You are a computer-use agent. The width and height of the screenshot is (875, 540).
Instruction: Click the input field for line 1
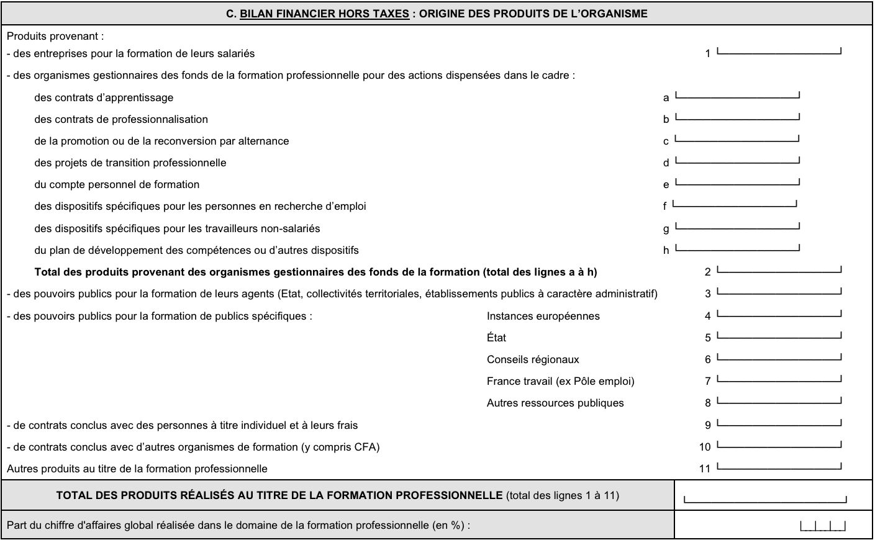point(779,50)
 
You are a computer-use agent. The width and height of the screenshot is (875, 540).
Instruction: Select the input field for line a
point(737,94)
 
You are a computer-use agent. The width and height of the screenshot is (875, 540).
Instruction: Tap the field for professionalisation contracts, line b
point(737,115)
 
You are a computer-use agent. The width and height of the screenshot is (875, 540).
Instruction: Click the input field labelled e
point(737,181)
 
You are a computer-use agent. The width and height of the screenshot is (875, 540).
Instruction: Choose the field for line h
point(737,246)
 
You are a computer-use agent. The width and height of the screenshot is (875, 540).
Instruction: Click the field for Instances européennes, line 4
point(779,312)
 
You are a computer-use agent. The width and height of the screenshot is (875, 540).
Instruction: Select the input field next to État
point(779,334)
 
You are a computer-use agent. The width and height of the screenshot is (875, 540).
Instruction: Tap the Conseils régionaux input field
point(779,356)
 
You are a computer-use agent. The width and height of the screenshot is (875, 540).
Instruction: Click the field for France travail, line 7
point(779,377)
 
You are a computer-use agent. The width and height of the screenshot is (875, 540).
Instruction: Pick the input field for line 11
point(779,465)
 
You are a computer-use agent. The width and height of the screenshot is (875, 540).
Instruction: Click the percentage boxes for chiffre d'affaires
point(823,526)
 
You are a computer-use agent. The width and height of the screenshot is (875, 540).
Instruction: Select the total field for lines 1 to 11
point(764,497)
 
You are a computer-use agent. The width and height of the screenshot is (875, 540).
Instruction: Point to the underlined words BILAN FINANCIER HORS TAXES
point(324,14)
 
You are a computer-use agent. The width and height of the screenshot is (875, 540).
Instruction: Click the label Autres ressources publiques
point(555,403)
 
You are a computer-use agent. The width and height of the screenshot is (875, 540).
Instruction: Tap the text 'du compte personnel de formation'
point(117,184)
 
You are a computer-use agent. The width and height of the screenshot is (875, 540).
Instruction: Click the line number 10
point(704,447)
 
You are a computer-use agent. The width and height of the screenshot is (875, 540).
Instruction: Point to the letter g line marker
point(666,229)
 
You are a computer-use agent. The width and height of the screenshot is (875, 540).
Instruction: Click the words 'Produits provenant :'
point(55,36)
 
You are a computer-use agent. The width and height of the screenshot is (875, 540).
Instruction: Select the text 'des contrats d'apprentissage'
point(104,97)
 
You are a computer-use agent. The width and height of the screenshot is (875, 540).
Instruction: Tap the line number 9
point(707,425)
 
